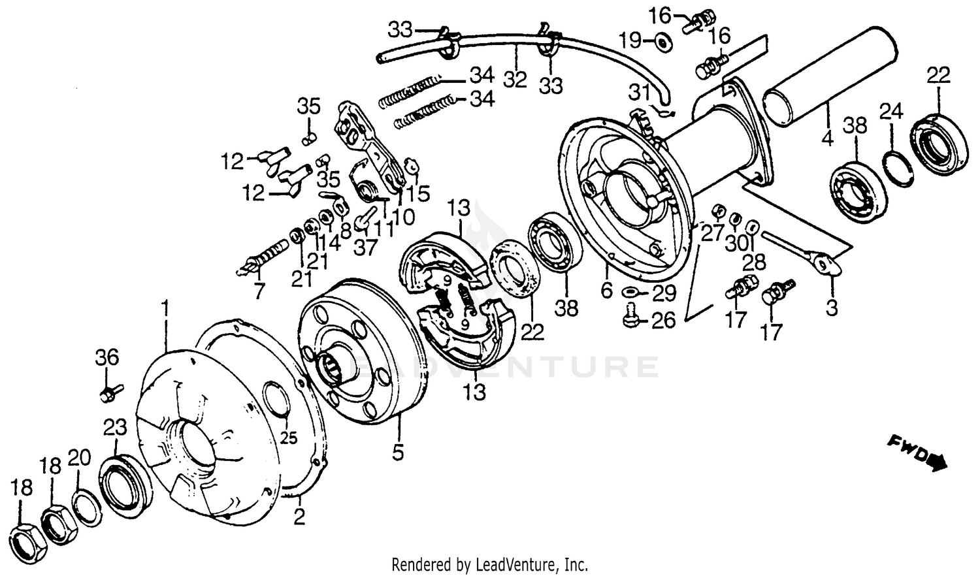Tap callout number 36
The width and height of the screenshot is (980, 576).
point(108,357)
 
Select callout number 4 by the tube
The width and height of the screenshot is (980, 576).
point(827,139)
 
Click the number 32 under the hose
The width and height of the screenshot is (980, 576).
point(515,80)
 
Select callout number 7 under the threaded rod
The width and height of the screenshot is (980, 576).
point(259,291)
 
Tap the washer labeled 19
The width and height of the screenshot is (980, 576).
point(662,42)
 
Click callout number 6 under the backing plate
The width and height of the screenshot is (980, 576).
point(607,291)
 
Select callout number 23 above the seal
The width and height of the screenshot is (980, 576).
point(115,428)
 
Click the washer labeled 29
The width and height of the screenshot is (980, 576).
point(632,291)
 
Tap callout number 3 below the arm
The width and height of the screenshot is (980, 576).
point(831,307)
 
